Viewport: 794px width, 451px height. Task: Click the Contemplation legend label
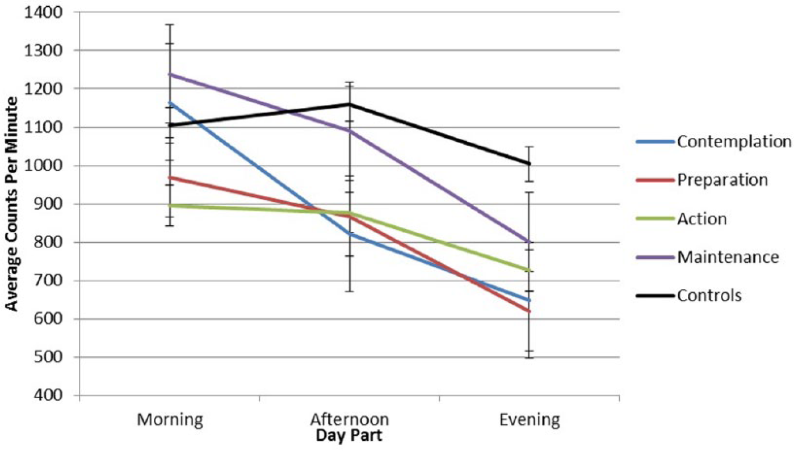(734, 142)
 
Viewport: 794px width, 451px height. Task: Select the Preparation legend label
(722, 180)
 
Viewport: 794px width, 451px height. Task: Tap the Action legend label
(702, 218)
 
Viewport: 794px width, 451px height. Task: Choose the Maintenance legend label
(728, 257)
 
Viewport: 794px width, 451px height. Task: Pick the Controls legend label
(709, 295)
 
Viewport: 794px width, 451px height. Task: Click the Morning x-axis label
(170, 420)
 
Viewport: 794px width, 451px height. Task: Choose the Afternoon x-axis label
(350, 419)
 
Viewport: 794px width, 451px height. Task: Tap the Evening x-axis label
(530, 420)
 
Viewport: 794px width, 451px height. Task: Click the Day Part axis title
(349, 436)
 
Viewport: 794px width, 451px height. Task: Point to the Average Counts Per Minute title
(12, 204)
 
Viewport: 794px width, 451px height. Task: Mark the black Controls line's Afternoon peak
(350, 104)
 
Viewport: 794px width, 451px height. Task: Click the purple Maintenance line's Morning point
(170, 74)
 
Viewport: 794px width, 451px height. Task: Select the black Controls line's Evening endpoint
(530, 164)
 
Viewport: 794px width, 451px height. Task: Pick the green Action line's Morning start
(170, 205)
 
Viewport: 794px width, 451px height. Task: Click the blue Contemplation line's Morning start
(170, 103)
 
